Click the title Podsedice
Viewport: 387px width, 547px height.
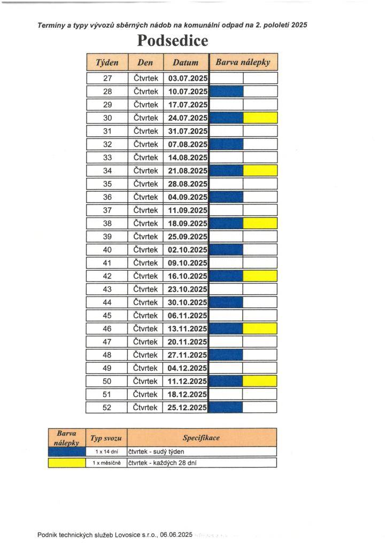point(172,41)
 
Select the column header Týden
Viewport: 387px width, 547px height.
point(107,62)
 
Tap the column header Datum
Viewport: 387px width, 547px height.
point(185,62)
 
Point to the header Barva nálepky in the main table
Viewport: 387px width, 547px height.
point(243,62)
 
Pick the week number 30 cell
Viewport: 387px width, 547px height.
point(107,118)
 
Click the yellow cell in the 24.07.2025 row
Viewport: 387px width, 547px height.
point(260,118)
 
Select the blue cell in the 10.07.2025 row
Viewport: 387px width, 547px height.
point(227,91)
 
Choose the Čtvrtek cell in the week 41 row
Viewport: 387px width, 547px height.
point(145,263)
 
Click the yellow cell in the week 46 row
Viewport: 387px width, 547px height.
point(260,329)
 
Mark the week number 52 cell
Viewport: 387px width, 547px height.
point(107,408)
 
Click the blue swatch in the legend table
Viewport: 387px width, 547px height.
point(67,452)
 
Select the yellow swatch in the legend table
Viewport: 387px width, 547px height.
point(67,463)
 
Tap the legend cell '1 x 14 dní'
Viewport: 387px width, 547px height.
point(107,452)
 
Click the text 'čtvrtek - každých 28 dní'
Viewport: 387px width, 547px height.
point(162,463)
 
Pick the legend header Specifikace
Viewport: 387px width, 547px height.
point(201,437)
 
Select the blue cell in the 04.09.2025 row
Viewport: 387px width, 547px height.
point(227,197)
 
